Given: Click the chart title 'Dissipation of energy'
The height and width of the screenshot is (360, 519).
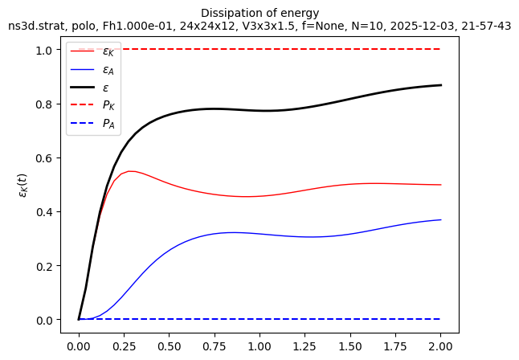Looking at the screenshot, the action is pyautogui.click(x=259, y=13).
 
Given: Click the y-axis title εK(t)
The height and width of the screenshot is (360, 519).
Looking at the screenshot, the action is pyautogui.click(x=23, y=186).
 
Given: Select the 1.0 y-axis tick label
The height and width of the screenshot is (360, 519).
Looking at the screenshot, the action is pyautogui.click(x=43, y=50).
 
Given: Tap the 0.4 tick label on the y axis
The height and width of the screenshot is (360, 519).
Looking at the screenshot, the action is pyautogui.click(x=43, y=212).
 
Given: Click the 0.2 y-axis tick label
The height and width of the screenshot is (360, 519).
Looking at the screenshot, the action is pyautogui.click(x=43, y=266).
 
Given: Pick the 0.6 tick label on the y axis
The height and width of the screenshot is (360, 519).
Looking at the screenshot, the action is pyautogui.click(x=43, y=158).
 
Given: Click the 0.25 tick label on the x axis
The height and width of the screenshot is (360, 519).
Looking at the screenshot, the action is pyautogui.click(x=124, y=346).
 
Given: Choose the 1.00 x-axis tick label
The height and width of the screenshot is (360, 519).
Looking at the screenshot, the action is pyautogui.click(x=259, y=346).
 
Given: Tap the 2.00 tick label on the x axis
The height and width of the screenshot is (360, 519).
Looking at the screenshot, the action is pyautogui.click(x=440, y=346).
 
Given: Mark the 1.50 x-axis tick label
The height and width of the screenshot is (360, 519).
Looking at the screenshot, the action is pyautogui.click(x=350, y=346).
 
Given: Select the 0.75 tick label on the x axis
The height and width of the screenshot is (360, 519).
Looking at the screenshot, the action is pyautogui.click(x=215, y=346).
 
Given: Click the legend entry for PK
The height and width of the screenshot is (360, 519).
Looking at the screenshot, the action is pyautogui.click(x=92, y=105).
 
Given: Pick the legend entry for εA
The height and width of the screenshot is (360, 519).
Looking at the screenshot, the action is pyautogui.click(x=92, y=70).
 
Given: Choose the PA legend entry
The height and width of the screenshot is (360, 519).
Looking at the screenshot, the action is pyautogui.click(x=92, y=123).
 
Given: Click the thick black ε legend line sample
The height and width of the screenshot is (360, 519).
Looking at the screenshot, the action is pyautogui.click(x=82, y=88).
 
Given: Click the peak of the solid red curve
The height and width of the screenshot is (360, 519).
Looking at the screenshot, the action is pyautogui.click(x=129, y=171).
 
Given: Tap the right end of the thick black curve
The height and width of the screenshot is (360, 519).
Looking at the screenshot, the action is pyautogui.click(x=441, y=85).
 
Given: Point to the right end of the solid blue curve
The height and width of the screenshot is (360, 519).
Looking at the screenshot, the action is pyautogui.click(x=441, y=219).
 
